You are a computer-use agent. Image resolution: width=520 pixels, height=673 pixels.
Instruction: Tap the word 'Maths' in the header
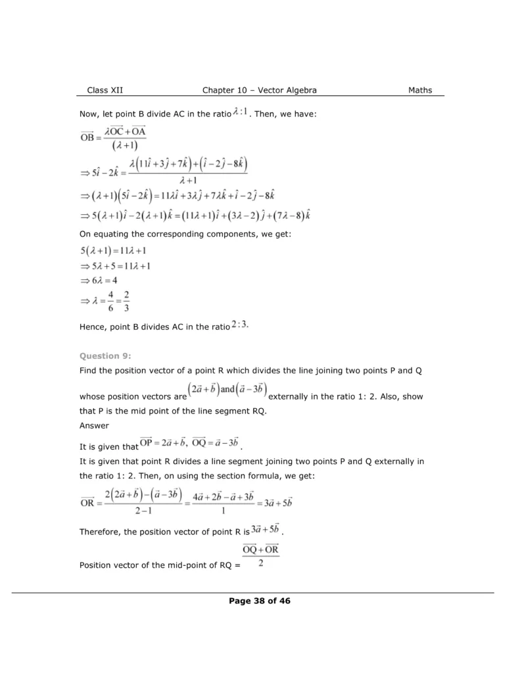tap(420, 90)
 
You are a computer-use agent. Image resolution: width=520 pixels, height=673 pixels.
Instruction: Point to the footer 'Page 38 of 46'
tap(260, 601)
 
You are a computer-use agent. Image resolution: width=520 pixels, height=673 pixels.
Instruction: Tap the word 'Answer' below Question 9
tap(93, 425)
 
